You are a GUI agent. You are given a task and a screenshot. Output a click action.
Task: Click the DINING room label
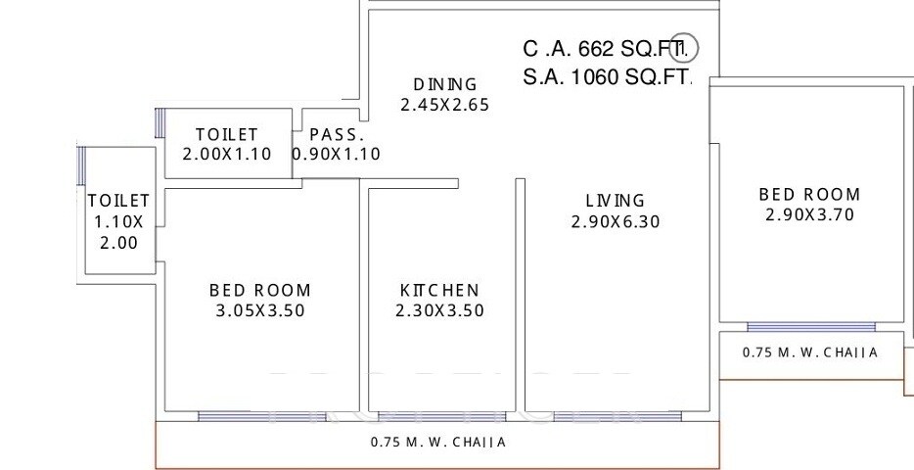444,84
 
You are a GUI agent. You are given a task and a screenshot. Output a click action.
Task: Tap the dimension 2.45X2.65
444,104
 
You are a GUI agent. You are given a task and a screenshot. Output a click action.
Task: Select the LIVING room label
615,202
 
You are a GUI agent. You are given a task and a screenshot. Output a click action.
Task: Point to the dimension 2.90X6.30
615,222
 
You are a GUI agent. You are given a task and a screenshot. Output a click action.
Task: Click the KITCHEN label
439,291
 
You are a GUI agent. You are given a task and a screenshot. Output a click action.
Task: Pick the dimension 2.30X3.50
439,311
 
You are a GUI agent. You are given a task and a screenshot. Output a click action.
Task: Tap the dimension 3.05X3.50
259,311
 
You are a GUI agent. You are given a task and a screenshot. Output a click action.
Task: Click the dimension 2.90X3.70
809,215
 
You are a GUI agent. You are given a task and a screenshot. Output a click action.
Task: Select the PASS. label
337,135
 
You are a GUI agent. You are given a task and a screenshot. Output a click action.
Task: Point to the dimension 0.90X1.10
337,155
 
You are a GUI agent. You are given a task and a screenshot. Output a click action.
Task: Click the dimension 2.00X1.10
226,155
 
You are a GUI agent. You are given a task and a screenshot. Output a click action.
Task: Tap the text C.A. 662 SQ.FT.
607,49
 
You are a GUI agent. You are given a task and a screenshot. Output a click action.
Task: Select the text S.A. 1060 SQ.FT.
607,77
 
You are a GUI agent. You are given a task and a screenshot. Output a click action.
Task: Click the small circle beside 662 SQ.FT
687,46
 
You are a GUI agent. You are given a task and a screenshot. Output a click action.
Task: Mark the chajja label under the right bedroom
809,352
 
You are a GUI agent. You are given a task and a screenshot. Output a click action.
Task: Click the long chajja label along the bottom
438,443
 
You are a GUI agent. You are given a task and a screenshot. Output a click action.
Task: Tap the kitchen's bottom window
440,415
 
